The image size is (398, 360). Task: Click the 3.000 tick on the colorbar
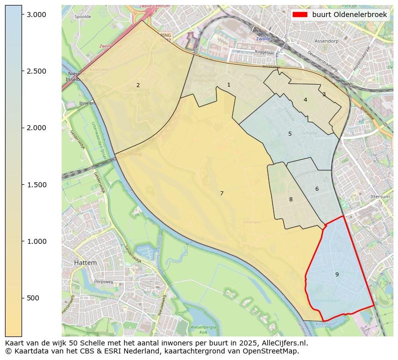(x=37, y=15)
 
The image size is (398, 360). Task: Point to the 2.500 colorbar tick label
(x=37, y=71)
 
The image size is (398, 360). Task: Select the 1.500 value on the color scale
(x=37, y=185)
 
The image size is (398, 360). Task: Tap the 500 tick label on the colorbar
(x=34, y=298)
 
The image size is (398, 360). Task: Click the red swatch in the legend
(x=300, y=15)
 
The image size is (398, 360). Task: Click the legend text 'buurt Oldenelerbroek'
(x=349, y=15)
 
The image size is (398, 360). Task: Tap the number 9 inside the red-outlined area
(x=337, y=274)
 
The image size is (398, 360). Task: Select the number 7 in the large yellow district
(x=222, y=193)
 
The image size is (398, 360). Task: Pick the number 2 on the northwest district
(x=138, y=85)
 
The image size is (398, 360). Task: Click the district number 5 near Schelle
(x=290, y=134)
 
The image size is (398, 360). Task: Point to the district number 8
(x=291, y=199)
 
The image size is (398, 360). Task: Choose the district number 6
(x=317, y=189)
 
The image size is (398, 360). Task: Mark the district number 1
(x=229, y=85)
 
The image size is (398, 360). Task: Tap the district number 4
(x=305, y=100)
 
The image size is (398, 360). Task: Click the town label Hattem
(x=85, y=262)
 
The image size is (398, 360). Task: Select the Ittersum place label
(x=379, y=197)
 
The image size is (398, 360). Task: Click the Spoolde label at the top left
(x=83, y=17)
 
